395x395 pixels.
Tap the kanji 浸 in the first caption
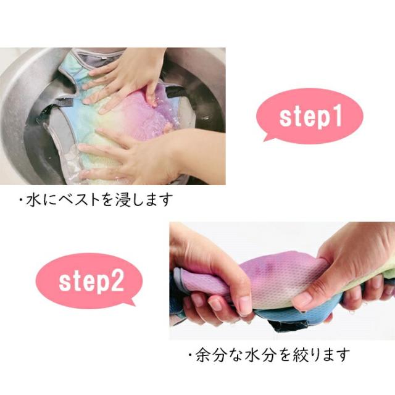point(118,200)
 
